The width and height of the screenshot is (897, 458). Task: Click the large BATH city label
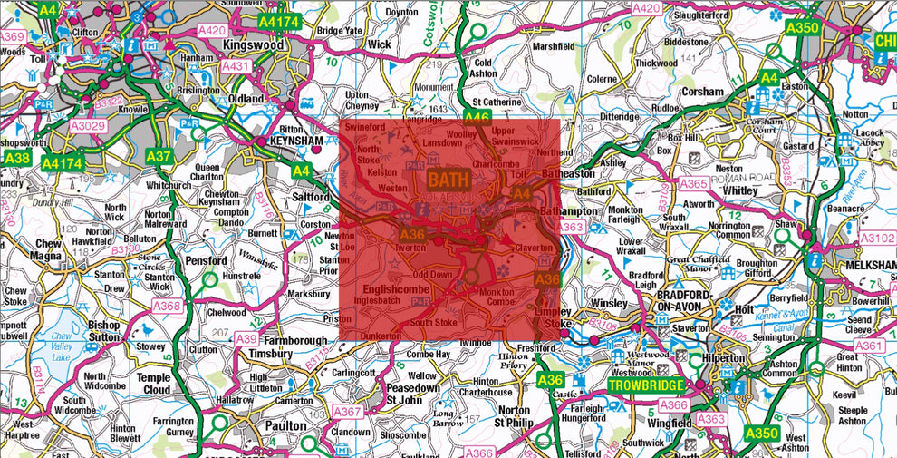448,180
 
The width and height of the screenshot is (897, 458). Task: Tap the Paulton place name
289,424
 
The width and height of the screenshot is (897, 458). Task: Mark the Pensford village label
207,260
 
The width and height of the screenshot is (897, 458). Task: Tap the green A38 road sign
16,157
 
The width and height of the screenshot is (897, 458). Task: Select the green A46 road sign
477,118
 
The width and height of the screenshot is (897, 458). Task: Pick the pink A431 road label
236,66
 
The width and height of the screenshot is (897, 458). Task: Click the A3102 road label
876,238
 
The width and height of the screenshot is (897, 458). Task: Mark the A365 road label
693,184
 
